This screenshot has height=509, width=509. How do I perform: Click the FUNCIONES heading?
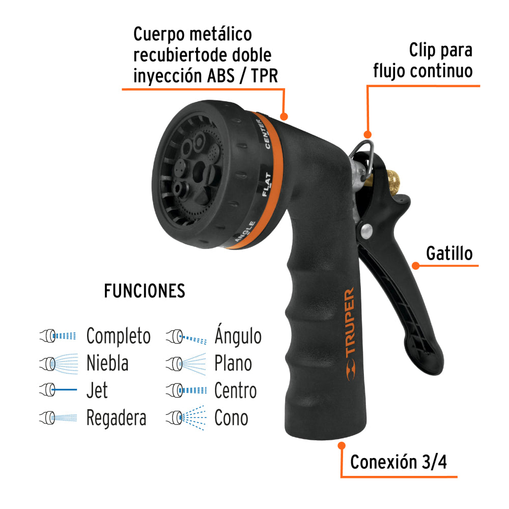145,291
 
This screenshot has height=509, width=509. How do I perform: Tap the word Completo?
118,336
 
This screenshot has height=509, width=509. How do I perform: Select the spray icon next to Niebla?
59,363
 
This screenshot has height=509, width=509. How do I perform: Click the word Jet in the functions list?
97,390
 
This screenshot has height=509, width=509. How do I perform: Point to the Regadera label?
116,418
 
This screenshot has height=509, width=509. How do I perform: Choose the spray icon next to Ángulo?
186,336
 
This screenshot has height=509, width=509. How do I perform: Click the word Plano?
233,363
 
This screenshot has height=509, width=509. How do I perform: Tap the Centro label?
235,390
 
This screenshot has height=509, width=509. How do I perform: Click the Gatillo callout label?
449,253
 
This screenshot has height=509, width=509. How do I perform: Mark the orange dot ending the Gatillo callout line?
415,265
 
